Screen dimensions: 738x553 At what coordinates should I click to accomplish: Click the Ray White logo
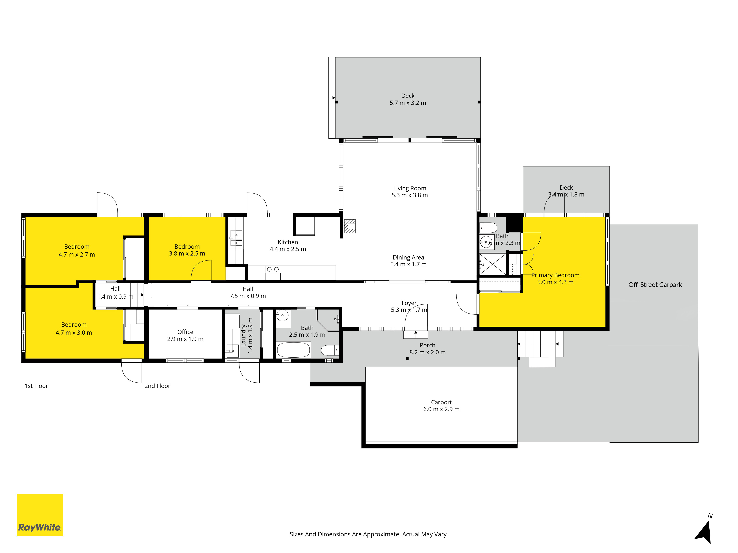pyautogui.click(x=40, y=515)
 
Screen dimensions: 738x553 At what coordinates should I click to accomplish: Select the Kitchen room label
pyautogui.click(x=288, y=242)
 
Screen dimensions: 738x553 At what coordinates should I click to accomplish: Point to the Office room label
pyautogui.click(x=185, y=332)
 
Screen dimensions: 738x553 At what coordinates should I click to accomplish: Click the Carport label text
pyautogui.click(x=441, y=402)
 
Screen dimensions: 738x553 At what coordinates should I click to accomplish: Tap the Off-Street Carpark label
pyautogui.click(x=655, y=285)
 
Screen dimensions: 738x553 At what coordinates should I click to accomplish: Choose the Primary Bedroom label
pyautogui.click(x=555, y=275)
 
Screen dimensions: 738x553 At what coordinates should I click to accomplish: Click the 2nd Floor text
pyautogui.click(x=157, y=386)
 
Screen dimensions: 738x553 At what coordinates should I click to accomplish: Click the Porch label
pyautogui.click(x=427, y=345)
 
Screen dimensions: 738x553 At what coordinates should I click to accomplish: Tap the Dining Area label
pyautogui.click(x=408, y=257)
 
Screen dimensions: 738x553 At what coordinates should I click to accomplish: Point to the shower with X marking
pyautogui.click(x=492, y=264)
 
